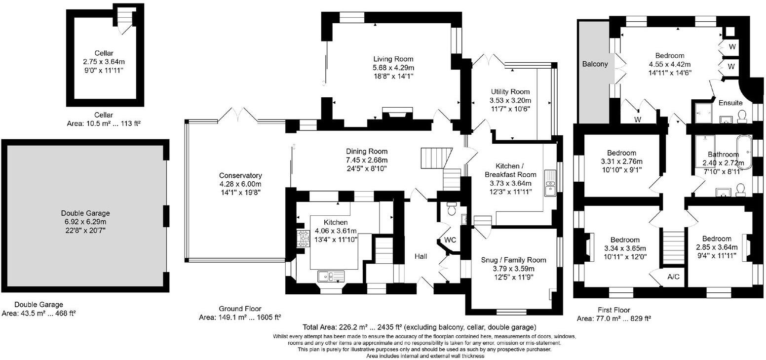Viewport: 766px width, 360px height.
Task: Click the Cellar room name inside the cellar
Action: click(x=104, y=53)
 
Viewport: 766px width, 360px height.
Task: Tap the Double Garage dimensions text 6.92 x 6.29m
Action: click(x=85, y=222)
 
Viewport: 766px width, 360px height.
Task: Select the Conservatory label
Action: click(x=240, y=175)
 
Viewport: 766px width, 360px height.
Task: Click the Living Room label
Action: click(x=393, y=59)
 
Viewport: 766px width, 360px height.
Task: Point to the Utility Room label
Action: click(x=510, y=92)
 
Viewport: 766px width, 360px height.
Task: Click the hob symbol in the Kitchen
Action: click(x=303, y=239)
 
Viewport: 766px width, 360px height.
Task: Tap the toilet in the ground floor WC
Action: click(x=452, y=208)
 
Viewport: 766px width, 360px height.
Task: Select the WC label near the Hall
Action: click(x=450, y=240)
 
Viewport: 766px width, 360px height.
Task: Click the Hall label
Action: click(x=421, y=256)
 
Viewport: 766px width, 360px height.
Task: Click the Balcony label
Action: click(x=595, y=64)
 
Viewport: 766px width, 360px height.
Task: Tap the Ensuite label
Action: click(x=730, y=103)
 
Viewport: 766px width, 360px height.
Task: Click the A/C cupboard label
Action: click(x=673, y=277)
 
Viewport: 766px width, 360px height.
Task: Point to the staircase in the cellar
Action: click(x=126, y=20)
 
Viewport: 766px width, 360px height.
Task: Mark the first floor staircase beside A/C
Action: click(x=674, y=246)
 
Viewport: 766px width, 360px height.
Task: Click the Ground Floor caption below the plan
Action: click(x=240, y=309)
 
